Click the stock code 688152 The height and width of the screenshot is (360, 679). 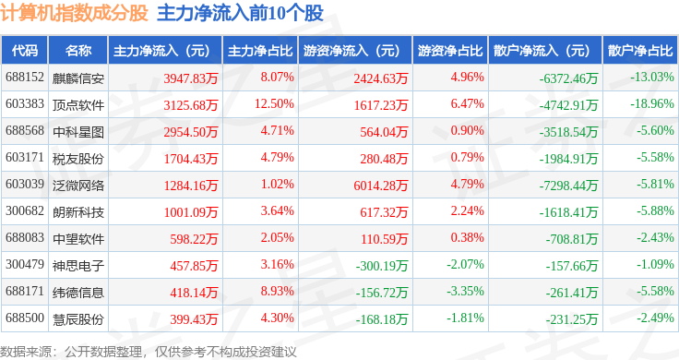pyautogui.click(x=25, y=78)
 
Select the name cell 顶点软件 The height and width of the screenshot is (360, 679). pyautogui.click(x=78, y=105)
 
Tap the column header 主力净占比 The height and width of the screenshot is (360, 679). pyautogui.click(x=260, y=51)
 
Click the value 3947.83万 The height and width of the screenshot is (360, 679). pyautogui.click(x=191, y=78)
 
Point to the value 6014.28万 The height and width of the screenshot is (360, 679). pyautogui.click(x=381, y=186)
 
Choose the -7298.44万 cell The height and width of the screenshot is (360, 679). pyautogui.click(x=568, y=186)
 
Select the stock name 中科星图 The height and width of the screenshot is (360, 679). pyautogui.click(x=78, y=132)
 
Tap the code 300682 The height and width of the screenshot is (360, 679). pyautogui.click(x=25, y=211)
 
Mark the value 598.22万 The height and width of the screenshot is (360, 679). pyautogui.click(x=194, y=239)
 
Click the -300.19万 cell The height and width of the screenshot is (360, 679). pyautogui.click(x=382, y=266)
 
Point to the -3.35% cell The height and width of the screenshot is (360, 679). pyautogui.click(x=466, y=291)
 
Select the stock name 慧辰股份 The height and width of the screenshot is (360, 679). pyautogui.click(x=78, y=319)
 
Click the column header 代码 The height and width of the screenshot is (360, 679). pyautogui.click(x=25, y=51)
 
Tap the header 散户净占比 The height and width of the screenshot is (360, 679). pyautogui.click(x=640, y=51)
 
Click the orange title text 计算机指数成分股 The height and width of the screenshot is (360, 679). pyautogui.click(x=74, y=13)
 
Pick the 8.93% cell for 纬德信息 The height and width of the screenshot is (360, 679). pyautogui.click(x=277, y=291)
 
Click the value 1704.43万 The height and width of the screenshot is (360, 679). pyautogui.click(x=191, y=159)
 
